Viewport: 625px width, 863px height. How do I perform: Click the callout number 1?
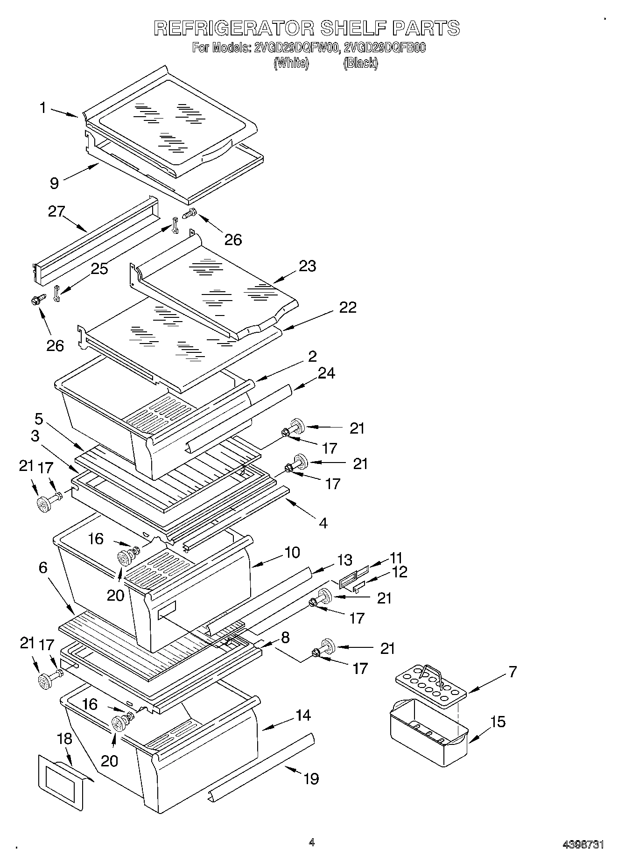43,108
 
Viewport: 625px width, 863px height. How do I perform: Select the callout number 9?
55,183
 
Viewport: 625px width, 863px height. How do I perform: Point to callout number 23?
307,266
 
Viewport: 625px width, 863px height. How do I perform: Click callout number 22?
347,307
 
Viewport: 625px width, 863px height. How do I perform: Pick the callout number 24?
326,373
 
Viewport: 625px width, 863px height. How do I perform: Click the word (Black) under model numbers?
360,63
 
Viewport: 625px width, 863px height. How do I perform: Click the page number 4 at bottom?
311,842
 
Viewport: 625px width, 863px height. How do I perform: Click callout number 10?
292,552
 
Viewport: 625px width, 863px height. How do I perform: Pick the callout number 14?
303,715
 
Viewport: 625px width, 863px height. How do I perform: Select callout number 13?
344,560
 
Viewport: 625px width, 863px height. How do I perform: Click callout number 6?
43,568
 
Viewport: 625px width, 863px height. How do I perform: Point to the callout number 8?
285,637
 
